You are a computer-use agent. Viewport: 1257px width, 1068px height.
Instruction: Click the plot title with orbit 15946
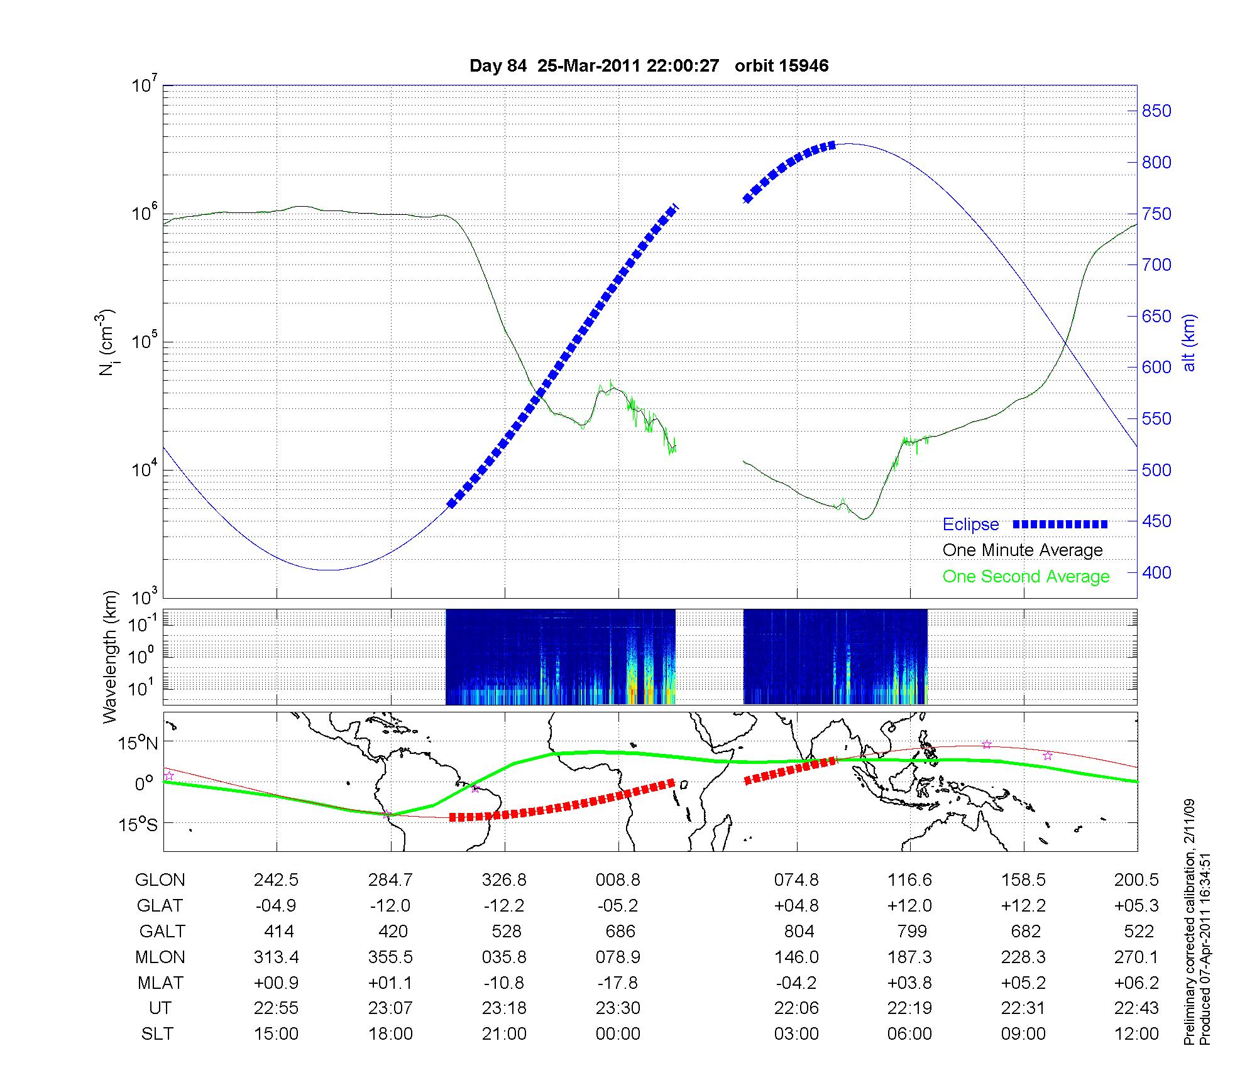(649, 66)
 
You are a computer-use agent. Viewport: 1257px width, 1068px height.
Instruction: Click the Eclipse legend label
(970, 525)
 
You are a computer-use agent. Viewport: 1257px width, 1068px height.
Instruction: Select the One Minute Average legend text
(1023, 550)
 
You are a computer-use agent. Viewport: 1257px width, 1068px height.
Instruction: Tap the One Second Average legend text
(1026, 577)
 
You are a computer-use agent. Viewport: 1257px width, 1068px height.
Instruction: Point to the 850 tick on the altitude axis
(1156, 111)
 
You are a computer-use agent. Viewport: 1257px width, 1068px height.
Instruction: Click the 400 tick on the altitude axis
(1156, 573)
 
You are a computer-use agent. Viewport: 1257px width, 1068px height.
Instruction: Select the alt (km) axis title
(1189, 342)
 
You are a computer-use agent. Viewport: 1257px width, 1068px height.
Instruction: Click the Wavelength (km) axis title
(110, 657)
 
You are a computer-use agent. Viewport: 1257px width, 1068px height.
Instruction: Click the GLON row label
(160, 880)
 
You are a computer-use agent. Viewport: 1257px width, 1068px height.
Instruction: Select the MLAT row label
(160, 983)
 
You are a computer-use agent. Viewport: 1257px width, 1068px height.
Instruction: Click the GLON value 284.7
(390, 880)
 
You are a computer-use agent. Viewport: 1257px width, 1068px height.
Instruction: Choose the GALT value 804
(799, 931)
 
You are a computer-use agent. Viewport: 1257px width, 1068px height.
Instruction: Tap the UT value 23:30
(618, 1008)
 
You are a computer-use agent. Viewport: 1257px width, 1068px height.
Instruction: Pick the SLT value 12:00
(1136, 1034)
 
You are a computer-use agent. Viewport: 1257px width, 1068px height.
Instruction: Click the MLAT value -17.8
(618, 983)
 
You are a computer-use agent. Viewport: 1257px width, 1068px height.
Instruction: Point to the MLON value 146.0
(796, 957)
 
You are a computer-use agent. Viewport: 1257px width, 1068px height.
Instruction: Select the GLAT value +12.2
(1023, 906)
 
